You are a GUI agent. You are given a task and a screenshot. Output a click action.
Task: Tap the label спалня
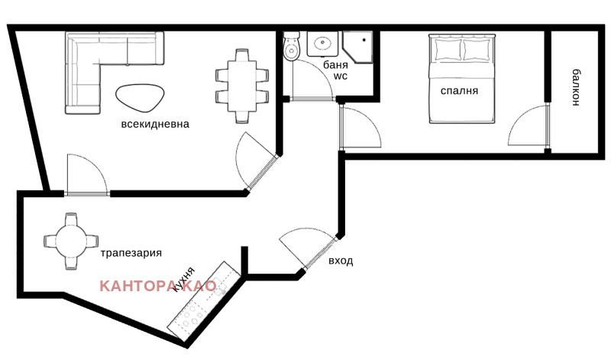click(x=459, y=90)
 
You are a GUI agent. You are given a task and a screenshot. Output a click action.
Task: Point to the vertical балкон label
click(x=575, y=88)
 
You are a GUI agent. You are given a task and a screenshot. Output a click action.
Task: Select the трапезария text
click(x=131, y=252)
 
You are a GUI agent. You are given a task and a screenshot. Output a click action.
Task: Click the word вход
click(x=341, y=261)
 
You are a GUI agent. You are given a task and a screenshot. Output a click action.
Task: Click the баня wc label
click(x=335, y=70)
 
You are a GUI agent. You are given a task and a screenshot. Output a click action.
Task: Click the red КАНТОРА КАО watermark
click(x=163, y=286)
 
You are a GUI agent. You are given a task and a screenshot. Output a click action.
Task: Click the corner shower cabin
click(x=358, y=45)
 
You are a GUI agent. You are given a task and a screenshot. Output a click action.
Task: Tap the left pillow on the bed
click(x=447, y=50)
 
